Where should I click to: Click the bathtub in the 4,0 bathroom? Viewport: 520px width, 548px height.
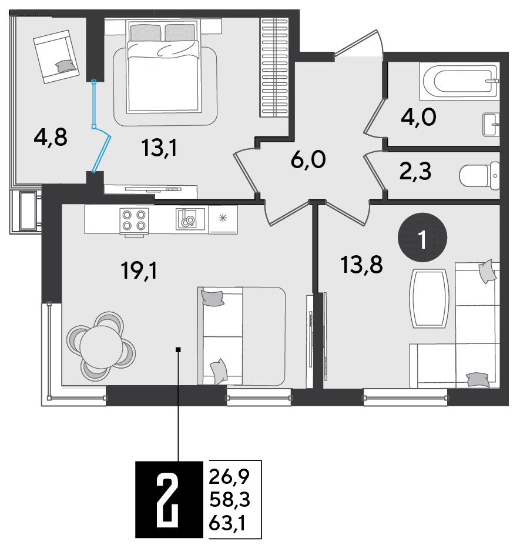coord(459,81)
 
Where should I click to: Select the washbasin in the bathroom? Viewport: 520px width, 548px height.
coord(491,125)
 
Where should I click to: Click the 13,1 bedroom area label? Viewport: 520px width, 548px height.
coord(160,148)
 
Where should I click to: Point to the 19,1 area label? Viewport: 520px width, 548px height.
coord(139,271)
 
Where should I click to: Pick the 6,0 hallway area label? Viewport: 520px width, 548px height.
coord(308,160)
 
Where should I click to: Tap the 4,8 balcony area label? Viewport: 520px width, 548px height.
coord(51,137)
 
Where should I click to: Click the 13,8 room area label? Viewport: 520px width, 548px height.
coord(361,265)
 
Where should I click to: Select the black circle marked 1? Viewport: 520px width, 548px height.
coord(422,238)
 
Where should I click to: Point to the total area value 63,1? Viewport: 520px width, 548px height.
coord(227,523)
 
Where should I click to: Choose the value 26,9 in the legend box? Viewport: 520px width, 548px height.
coord(229,476)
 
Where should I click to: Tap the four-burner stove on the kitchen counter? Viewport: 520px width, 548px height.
coord(134,220)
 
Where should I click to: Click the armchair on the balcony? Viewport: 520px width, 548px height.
coord(56,56)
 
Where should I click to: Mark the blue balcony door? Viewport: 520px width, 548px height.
coord(100,126)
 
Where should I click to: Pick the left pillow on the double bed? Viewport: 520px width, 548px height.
coord(146,32)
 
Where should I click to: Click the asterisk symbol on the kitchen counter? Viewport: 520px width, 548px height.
coord(223,218)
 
